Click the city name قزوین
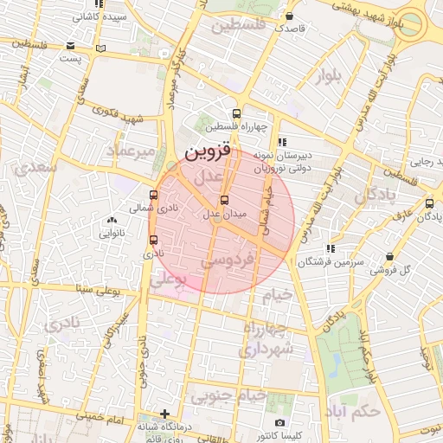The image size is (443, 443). point(208,152)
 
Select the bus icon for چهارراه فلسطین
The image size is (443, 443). point(236,114)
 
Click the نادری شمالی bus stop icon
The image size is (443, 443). point(154,195)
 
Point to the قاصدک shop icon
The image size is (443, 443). point(289,16)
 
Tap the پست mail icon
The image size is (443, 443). point(102,48)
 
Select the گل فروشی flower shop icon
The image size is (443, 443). point(392,257)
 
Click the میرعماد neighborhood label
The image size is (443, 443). point(132,151)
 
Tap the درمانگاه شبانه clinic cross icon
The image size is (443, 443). point(165,414)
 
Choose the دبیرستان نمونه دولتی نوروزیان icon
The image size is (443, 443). point(280,142)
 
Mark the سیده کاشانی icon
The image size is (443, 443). point(75,16)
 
